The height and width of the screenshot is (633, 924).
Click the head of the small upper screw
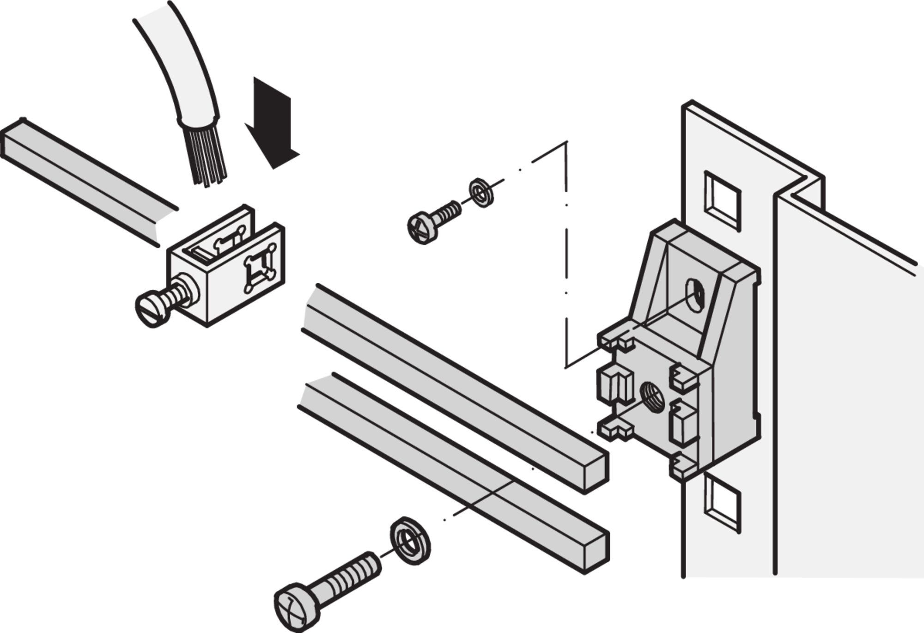(x=422, y=228)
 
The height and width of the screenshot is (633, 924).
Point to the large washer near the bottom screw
(x=410, y=541)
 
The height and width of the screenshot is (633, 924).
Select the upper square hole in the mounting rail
(x=722, y=201)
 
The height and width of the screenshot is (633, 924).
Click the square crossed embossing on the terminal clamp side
(x=260, y=272)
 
